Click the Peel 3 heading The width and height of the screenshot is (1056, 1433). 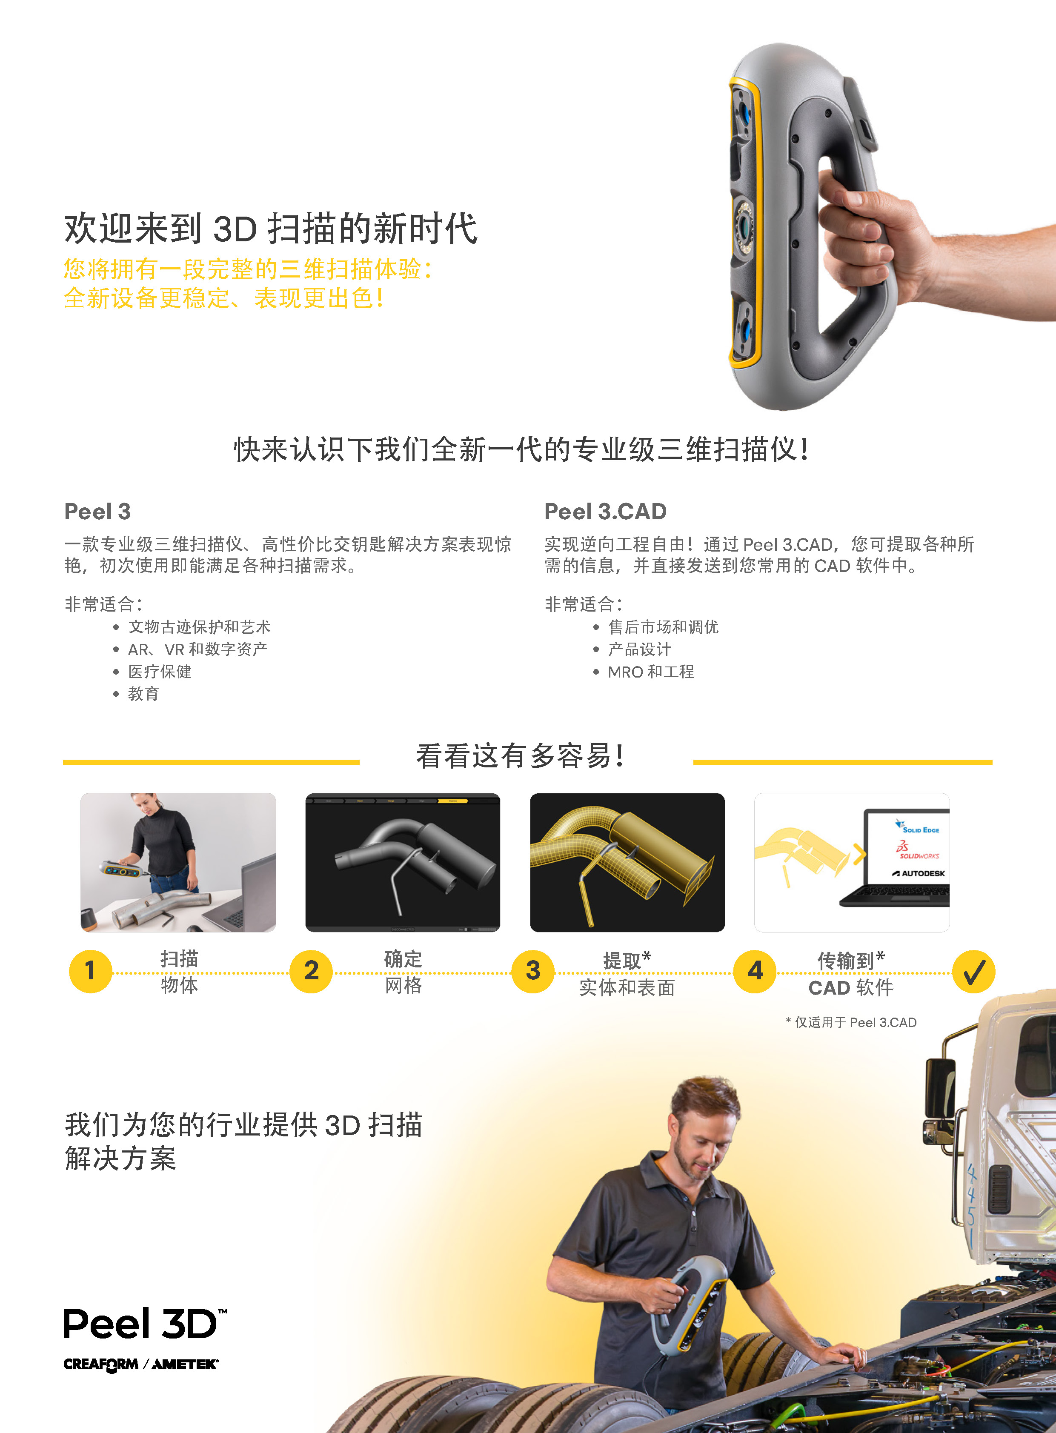click(x=97, y=511)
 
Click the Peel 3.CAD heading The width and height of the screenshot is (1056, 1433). click(x=605, y=511)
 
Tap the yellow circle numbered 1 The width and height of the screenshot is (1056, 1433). click(x=90, y=971)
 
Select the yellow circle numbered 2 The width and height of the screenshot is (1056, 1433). click(x=311, y=971)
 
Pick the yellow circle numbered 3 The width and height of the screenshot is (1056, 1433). click(x=533, y=971)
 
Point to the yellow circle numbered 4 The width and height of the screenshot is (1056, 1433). click(x=755, y=971)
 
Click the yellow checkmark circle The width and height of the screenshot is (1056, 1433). click(x=973, y=972)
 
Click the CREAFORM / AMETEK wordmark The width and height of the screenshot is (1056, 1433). click(x=140, y=1364)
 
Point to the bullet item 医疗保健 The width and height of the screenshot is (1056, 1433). click(x=160, y=672)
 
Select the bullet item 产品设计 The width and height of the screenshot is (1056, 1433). click(x=639, y=649)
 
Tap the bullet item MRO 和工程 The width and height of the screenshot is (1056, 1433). click(x=651, y=672)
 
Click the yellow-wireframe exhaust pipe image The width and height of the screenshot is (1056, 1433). click(x=627, y=862)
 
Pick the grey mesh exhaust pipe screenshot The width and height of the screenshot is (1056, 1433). click(x=403, y=862)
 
